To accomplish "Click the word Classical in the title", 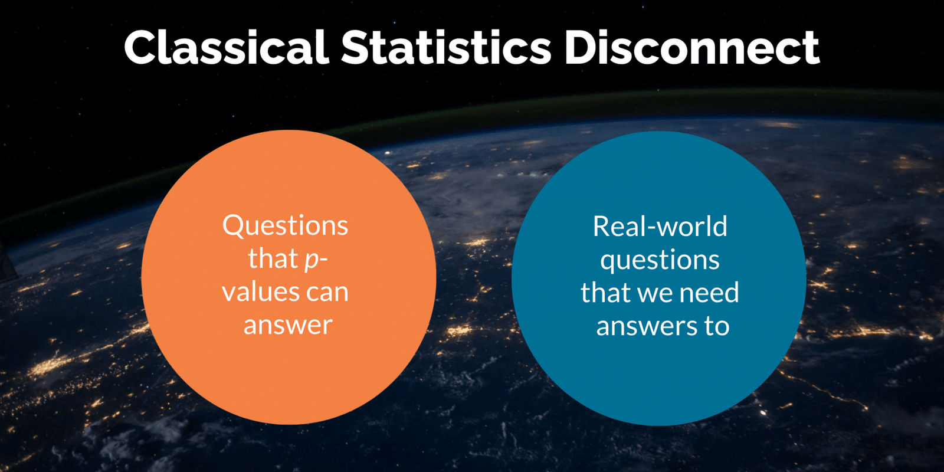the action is point(227,47).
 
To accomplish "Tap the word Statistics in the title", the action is point(446,47).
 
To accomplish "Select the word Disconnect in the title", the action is point(692,47).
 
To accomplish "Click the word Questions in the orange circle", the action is point(286,226).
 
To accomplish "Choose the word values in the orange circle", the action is point(258,291).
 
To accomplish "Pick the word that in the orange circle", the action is point(273,258).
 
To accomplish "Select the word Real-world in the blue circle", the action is point(660,227).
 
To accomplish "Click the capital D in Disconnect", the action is point(584,47).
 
